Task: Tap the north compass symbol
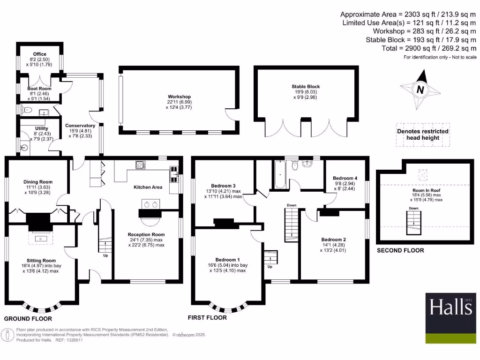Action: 420,89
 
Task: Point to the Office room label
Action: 39,54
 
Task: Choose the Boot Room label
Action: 39,88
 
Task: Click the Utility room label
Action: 41,128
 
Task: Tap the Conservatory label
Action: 80,126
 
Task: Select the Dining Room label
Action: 38,182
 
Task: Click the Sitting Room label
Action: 42,261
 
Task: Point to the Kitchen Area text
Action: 148,187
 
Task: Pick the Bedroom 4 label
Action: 345,178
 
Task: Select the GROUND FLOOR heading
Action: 28,319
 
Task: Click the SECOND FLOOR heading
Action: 400,251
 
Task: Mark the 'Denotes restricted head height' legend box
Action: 423,135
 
